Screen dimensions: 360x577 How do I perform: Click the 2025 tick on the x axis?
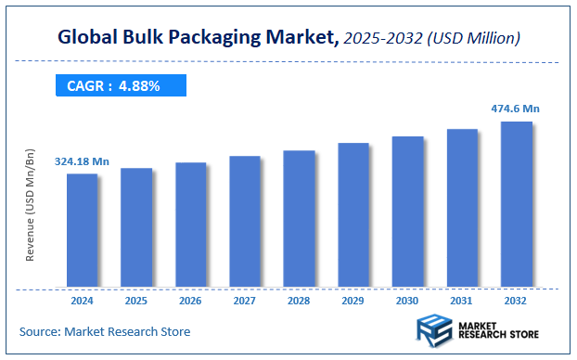tap(136, 301)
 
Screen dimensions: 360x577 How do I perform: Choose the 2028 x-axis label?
tap(299, 301)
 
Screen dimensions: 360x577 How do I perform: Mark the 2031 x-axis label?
tap(462, 301)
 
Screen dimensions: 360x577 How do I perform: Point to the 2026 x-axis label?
tap(190, 301)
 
